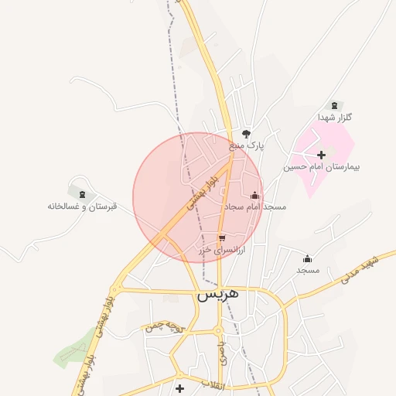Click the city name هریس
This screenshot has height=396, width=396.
[x=217, y=294]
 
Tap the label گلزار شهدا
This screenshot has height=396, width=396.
[x=334, y=118]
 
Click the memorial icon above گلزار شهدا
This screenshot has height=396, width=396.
[x=334, y=105]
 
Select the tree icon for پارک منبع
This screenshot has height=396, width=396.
[x=247, y=134]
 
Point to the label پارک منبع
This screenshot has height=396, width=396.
[x=247, y=145]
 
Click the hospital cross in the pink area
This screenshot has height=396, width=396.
[x=321, y=155]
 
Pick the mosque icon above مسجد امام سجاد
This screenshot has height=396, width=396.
[x=255, y=196]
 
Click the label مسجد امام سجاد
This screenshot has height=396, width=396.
[x=255, y=207]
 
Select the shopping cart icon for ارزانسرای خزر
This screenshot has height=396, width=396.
[x=222, y=238]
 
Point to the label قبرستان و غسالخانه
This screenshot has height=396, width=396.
[x=82, y=207]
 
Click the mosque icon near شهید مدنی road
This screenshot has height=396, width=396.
[x=308, y=258]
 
